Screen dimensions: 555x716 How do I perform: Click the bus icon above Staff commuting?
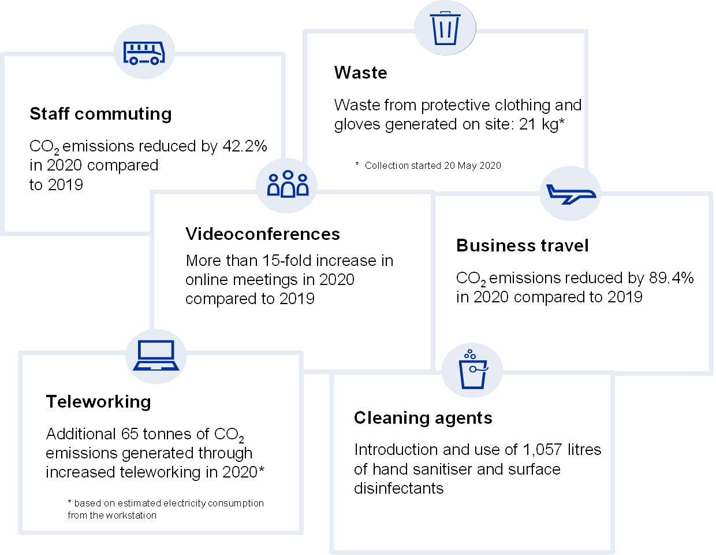[144, 53]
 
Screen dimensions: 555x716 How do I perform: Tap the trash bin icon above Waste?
[445, 28]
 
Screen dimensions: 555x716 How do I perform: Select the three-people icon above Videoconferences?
[288, 184]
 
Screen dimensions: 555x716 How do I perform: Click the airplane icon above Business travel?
[570, 194]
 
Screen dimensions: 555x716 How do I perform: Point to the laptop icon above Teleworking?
[156, 355]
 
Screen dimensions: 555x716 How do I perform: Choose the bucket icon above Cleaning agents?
[473, 370]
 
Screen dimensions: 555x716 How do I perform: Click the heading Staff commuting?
[100, 114]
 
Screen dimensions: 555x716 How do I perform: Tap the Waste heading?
[361, 73]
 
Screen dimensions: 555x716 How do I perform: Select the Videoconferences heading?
[263, 234]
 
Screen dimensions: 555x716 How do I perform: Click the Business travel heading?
[523, 246]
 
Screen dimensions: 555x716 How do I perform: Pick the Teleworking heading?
[98, 402]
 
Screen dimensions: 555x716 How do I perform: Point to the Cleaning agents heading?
[423, 418]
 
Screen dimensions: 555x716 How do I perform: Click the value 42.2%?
[245, 146]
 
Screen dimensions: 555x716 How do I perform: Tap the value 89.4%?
[672, 278]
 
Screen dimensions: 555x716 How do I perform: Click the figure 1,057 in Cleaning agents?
[543, 450]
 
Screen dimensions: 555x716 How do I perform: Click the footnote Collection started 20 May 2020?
[432, 166]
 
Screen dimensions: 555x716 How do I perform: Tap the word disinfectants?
[398, 489]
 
